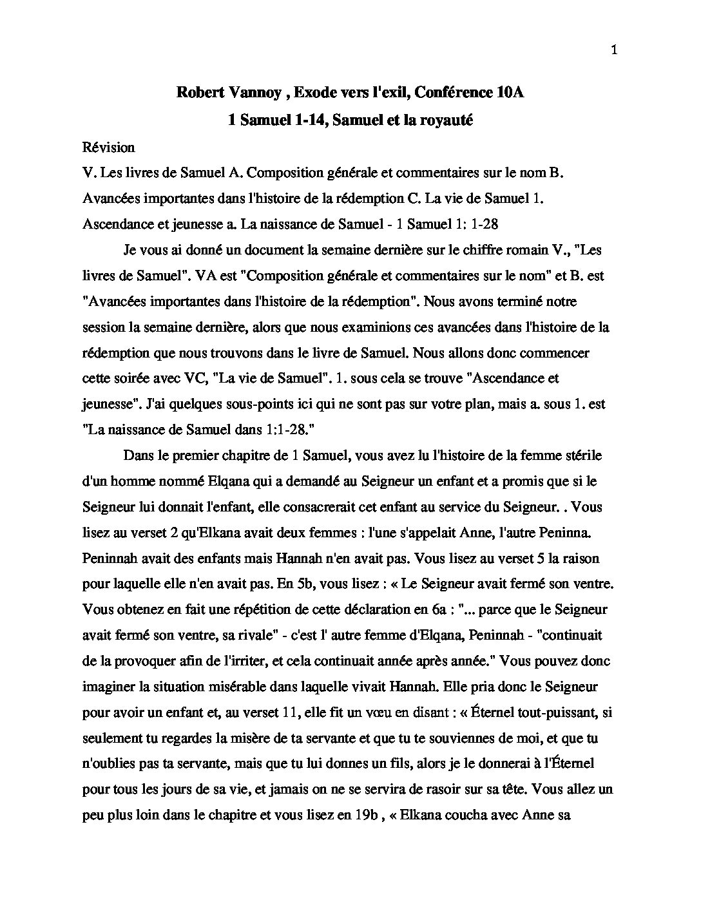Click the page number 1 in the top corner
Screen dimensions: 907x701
pos(613,51)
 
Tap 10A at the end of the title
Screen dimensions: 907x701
pos(506,93)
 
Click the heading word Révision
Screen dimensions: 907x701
pos(109,148)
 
